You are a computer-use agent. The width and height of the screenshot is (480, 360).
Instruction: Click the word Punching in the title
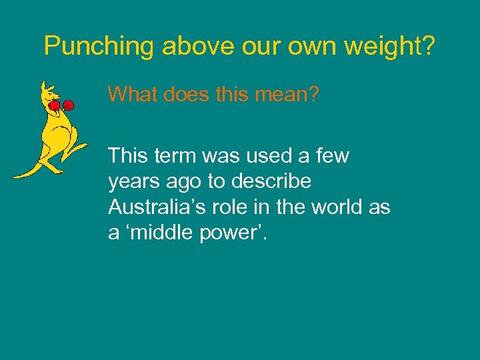[x=99, y=46]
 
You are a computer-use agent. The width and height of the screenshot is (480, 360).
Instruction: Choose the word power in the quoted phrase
[x=227, y=235]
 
